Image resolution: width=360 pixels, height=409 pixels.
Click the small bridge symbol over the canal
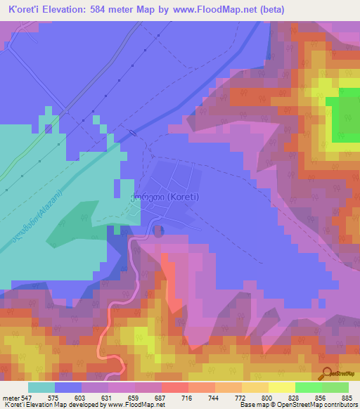132,133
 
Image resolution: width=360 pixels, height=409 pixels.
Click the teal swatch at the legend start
41,387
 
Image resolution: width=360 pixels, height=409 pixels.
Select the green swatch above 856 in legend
308,387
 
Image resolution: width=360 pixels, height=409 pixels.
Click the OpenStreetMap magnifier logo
326,372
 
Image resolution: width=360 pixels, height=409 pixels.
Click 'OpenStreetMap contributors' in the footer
313,405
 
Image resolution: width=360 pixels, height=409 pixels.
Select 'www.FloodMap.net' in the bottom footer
141,405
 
